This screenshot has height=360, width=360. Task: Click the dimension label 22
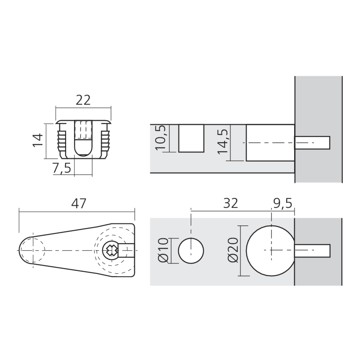[83, 100]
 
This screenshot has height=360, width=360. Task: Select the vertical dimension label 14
[38, 140]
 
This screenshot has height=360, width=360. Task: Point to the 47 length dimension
[79, 203]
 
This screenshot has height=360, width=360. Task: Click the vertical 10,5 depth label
[161, 138]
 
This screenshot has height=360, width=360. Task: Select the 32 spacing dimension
[230, 203]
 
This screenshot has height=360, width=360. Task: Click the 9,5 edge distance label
[282, 203]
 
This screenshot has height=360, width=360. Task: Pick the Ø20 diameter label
[233, 250]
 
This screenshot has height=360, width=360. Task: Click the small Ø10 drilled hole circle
[191, 250]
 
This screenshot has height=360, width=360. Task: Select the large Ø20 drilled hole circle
[270, 250]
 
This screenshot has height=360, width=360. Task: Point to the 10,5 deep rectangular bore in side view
[191, 138]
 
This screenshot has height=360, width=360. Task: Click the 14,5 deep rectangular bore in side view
[270, 143]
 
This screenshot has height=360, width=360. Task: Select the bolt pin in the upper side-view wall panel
[312, 143]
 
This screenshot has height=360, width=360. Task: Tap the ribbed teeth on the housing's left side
[61, 141]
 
